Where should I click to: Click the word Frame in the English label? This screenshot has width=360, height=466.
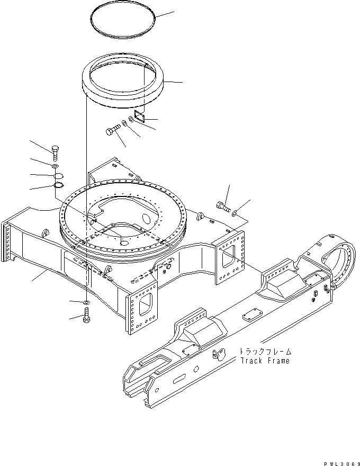coord(278,361)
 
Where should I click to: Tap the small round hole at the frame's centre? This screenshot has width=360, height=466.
coord(123,241)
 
